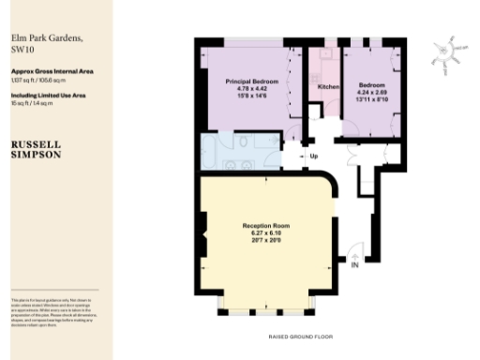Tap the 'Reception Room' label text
click(266, 226)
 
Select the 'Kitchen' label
click(328, 86)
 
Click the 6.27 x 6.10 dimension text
click(266, 233)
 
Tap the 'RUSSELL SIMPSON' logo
click(37, 150)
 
